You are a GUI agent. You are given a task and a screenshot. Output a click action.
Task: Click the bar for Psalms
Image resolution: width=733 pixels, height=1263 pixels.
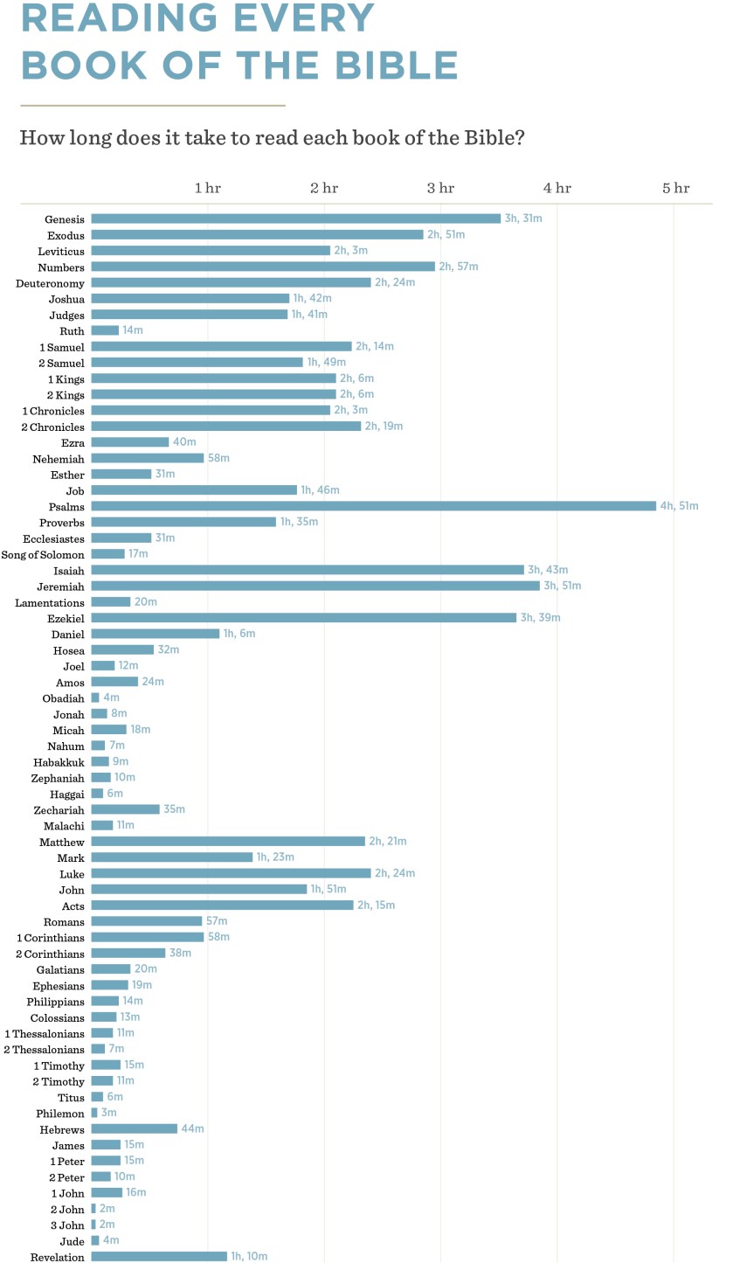point(373,506)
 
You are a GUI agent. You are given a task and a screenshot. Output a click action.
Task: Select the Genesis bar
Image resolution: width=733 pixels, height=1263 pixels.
point(295,219)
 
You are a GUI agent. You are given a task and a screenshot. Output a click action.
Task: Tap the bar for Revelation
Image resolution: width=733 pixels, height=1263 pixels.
point(159,1257)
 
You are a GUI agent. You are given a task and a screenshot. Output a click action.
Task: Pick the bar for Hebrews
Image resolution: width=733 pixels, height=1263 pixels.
point(134,1129)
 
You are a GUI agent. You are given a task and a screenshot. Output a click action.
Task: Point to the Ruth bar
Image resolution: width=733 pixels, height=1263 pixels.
point(105,330)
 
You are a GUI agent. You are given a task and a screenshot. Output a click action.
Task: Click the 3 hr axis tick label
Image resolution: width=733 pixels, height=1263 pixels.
point(440,188)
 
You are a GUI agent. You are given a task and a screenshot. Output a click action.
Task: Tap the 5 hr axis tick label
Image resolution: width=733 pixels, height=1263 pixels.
point(675,188)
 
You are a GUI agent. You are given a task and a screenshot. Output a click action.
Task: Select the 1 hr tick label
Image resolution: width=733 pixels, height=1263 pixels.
point(207,188)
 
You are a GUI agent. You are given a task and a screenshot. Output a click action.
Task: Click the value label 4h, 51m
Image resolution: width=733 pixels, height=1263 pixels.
point(679,506)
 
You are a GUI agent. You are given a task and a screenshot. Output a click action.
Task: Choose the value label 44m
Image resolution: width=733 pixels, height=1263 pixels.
point(192,1129)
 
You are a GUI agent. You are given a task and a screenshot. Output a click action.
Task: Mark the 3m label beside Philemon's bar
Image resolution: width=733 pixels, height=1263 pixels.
point(109,1113)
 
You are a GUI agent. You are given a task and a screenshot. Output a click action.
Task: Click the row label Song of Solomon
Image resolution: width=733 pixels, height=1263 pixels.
point(43,555)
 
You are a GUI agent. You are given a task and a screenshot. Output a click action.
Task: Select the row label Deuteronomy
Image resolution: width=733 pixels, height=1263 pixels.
point(50,283)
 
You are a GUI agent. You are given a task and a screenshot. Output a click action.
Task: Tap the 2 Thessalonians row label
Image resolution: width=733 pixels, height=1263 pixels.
point(44,1049)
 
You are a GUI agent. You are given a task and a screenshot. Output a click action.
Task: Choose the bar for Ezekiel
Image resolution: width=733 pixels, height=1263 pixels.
point(303,618)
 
